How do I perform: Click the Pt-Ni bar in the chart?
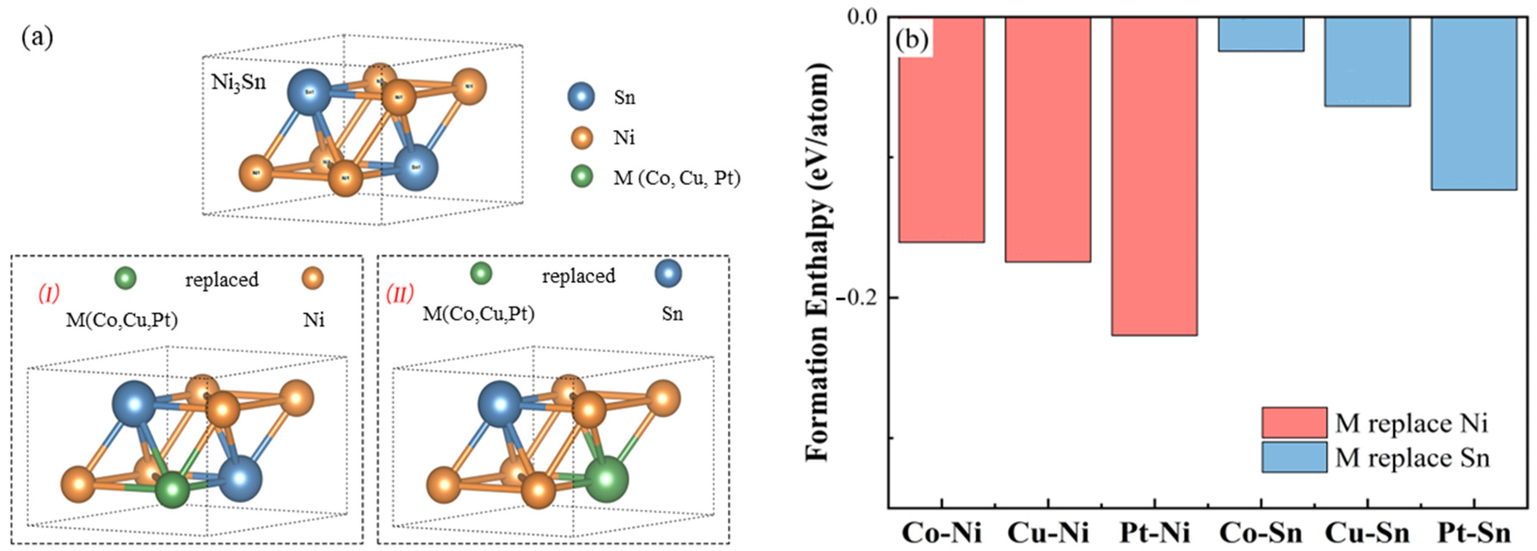pyautogui.click(x=1154, y=176)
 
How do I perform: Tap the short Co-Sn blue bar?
pyautogui.click(x=1261, y=34)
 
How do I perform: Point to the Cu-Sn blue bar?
pyautogui.click(x=1367, y=62)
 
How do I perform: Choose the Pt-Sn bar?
pyautogui.click(x=1474, y=103)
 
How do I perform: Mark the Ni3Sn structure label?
pyautogui.click(x=239, y=82)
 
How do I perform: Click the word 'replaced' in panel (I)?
pyautogui.click(x=221, y=279)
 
